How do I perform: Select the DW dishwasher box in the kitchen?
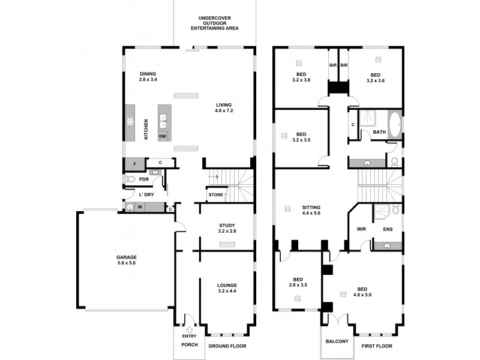[163, 137]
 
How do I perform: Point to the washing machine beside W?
[130, 208]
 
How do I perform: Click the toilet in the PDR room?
[130, 179]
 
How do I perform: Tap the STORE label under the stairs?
[216, 195]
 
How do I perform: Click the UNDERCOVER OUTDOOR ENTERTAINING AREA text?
[214, 23]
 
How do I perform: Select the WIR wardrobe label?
[361, 229]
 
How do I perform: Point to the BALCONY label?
[337, 341]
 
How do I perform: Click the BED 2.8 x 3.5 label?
[298, 283]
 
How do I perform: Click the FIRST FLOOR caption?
[376, 346]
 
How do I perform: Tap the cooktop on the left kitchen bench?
[130, 122]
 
